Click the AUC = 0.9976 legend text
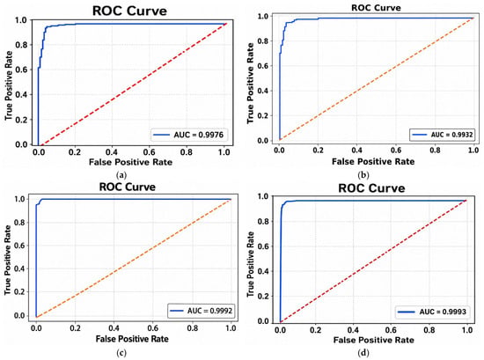(199, 135)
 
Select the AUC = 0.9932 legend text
(451, 135)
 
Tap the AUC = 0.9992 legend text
(209, 311)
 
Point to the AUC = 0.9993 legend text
(443, 312)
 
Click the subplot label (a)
(121, 175)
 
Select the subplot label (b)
(363, 175)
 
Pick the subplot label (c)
(121, 353)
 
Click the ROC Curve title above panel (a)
(129, 11)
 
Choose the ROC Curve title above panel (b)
(376, 8)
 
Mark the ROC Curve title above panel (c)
(128, 187)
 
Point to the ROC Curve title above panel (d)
(371, 188)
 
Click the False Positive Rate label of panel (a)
(130, 162)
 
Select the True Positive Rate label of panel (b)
(250, 84)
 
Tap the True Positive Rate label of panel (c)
(8, 260)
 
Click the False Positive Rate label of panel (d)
(373, 340)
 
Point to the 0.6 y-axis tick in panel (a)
(21, 70)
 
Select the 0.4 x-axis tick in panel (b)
(356, 150)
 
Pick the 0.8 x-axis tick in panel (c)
(193, 328)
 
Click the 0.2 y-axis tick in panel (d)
(262, 296)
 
